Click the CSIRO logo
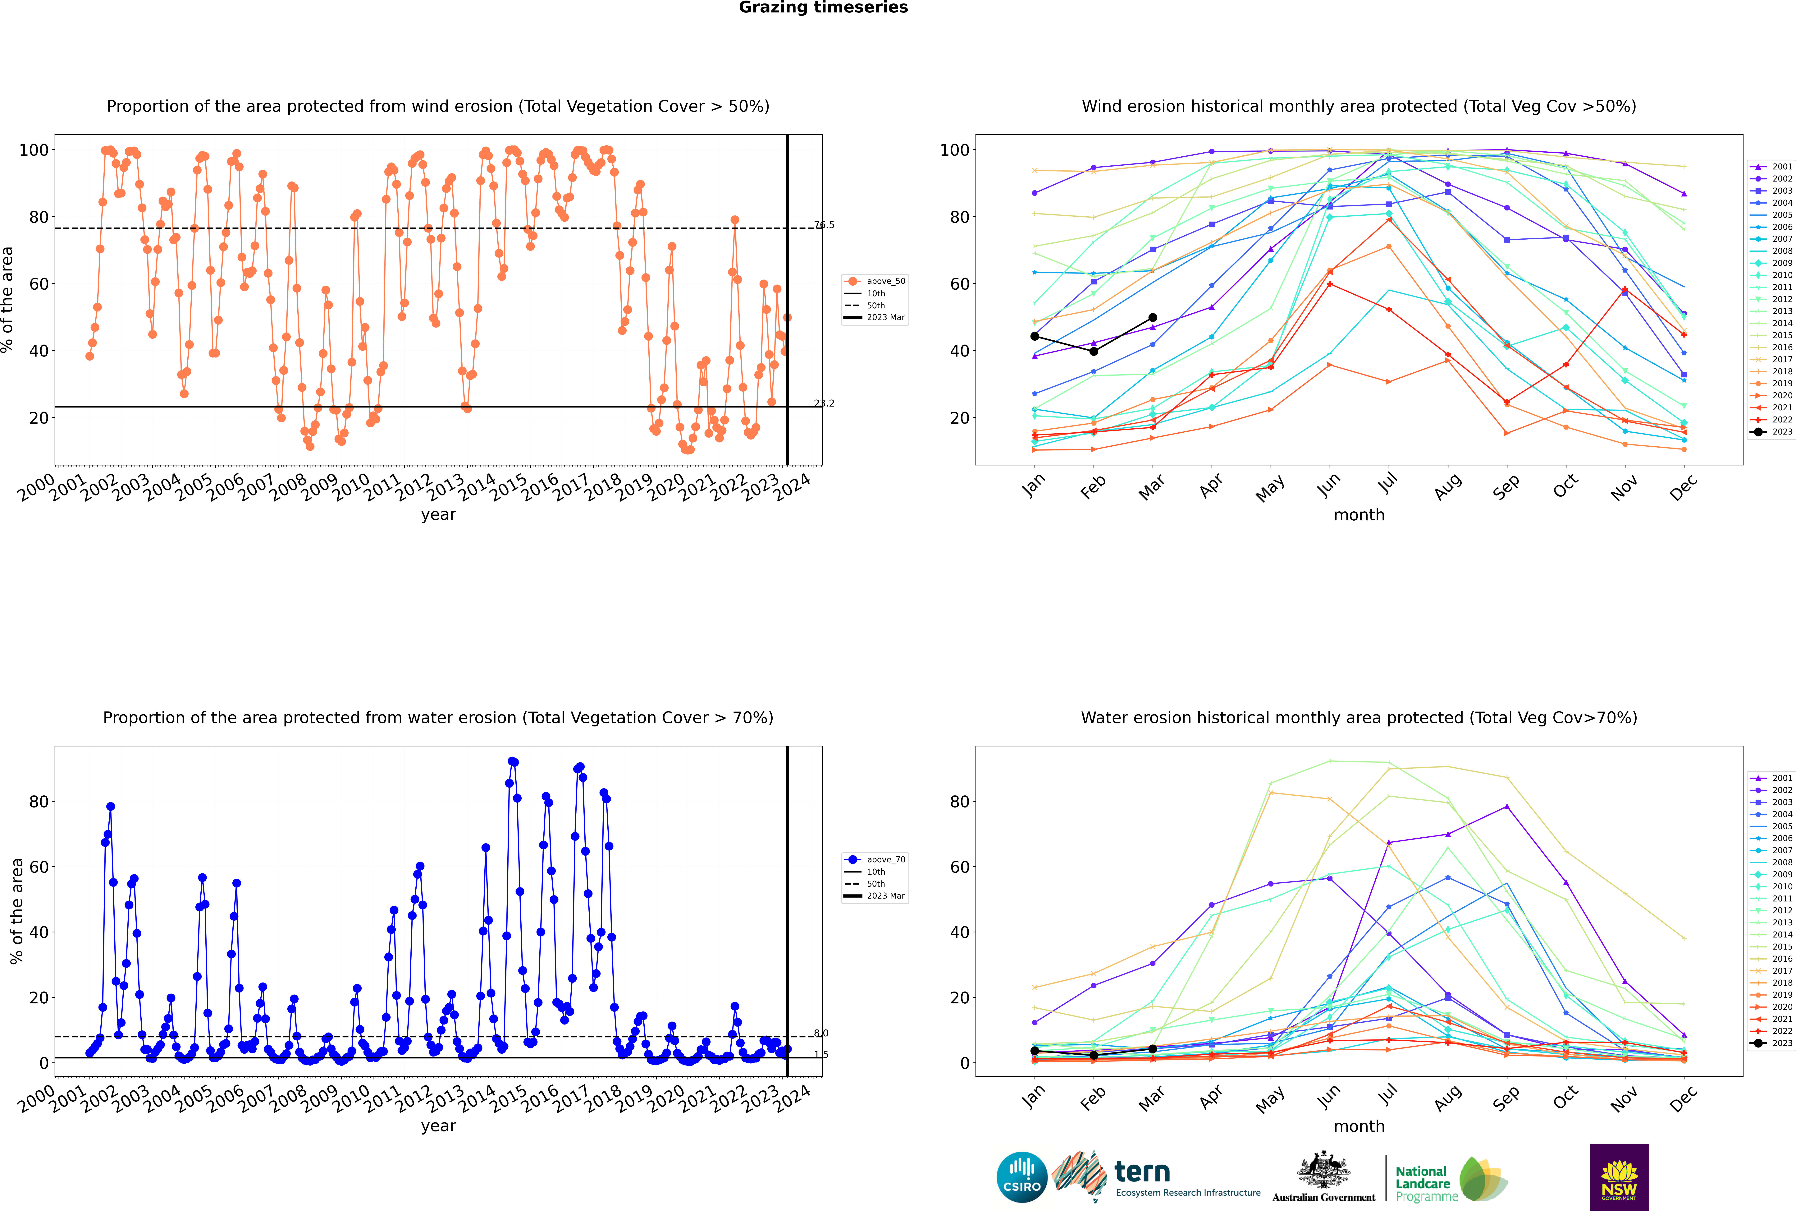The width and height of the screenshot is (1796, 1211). [x=1021, y=1177]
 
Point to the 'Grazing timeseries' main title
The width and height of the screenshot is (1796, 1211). [x=823, y=8]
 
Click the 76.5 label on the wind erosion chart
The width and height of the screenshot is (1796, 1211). [x=824, y=225]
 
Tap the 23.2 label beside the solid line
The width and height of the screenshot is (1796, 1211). [x=824, y=403]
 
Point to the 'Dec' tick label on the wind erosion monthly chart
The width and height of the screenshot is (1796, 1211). [x=1683, y=486]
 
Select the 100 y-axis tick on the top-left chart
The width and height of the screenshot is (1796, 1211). [x=34, y=150]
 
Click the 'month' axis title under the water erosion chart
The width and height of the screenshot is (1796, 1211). [x=1359, y=1126]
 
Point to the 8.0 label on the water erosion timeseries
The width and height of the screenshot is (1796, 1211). [x=821, y=1033]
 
